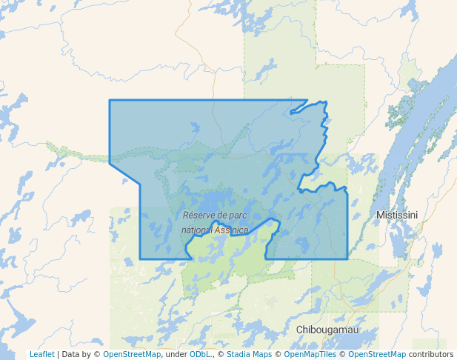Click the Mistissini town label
click(397, 215)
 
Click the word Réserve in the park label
click(199, 216)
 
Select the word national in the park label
click(196, 230)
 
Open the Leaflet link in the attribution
click(41, 355)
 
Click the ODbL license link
click(201, 355)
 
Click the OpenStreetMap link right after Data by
click(132, 355)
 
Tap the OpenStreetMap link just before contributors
click(377, 355)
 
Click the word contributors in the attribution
click(430, 355)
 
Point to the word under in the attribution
click(176, 355)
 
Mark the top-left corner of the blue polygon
click(110, 100)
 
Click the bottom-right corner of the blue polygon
click(347, 259)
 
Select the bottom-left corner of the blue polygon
click(141, 259)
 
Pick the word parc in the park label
click(236, 216)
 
